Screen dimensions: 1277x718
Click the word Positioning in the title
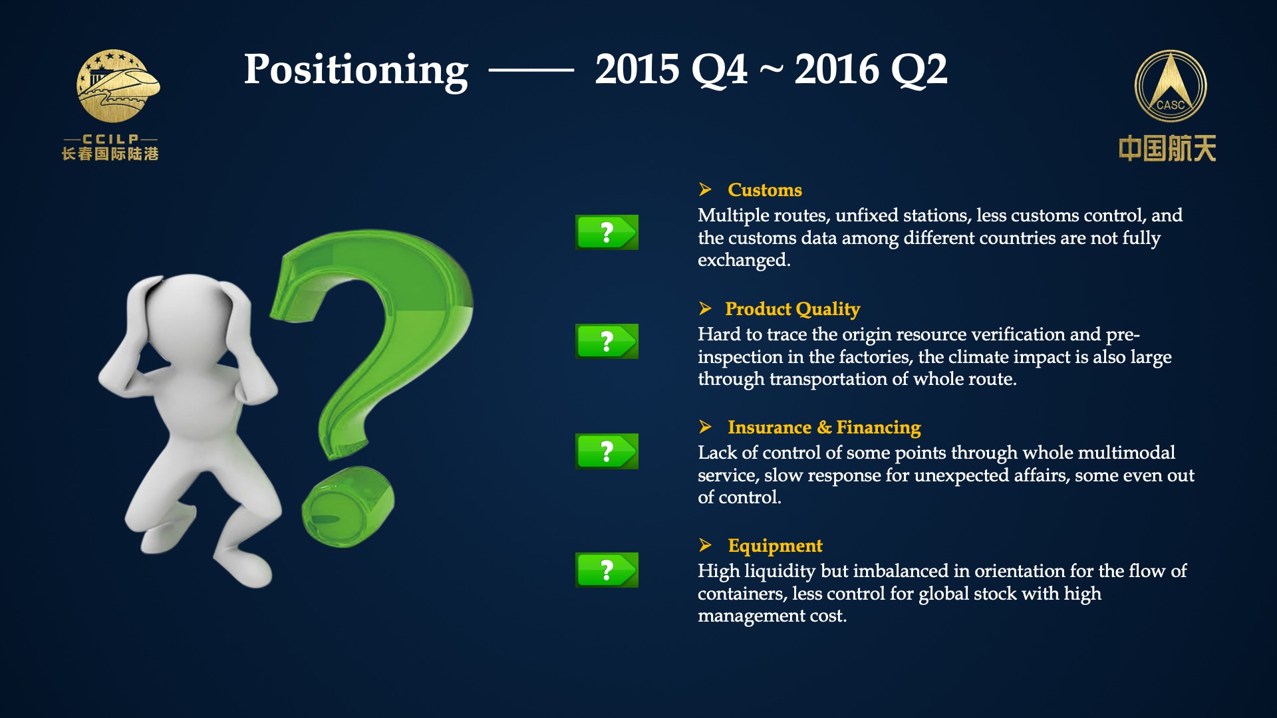356,70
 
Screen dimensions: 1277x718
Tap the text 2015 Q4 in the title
671,69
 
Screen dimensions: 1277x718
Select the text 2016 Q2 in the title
871,69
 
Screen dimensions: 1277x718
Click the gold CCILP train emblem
118,86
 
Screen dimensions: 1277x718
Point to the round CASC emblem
1171,86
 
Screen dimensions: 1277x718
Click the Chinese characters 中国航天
1167,148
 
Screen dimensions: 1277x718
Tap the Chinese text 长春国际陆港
110,154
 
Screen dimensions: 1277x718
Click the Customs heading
765,190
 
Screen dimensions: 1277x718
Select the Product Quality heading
792,309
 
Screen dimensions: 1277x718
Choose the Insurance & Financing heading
824,427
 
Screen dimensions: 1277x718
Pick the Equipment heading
775,546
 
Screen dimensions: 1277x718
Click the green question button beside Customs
607,232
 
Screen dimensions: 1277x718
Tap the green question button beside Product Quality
607,341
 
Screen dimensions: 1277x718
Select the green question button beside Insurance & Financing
607,451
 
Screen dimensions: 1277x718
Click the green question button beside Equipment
607,570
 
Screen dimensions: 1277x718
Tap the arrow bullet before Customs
706,189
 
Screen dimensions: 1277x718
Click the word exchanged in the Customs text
744,260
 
